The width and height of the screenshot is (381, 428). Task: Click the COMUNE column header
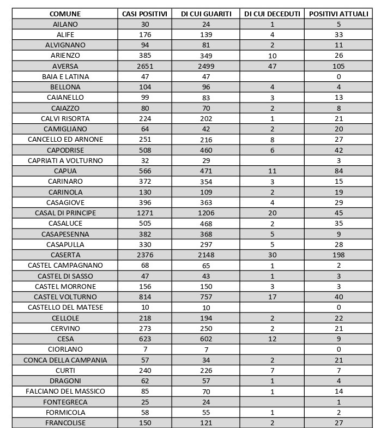coord(65,14)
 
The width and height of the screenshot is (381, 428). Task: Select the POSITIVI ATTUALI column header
coord(338,14)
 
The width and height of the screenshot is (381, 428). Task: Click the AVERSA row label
coord(65,66)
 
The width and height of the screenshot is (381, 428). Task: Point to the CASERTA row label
coord(65,255)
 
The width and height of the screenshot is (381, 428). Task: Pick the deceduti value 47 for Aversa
coord(272,66)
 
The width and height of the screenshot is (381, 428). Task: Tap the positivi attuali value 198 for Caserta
coord(338,255)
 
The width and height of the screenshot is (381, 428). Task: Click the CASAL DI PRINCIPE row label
coord(65,213)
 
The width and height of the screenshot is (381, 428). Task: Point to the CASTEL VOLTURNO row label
coord(65,297)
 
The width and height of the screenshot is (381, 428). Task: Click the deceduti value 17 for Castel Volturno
coord(272,297)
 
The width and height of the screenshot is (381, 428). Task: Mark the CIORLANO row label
coord(65,349)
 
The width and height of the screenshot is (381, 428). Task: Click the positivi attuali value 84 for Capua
coord(338,171)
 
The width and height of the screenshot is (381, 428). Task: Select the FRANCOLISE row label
coord(65,423)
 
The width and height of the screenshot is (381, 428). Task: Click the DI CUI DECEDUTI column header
coord(272,14)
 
